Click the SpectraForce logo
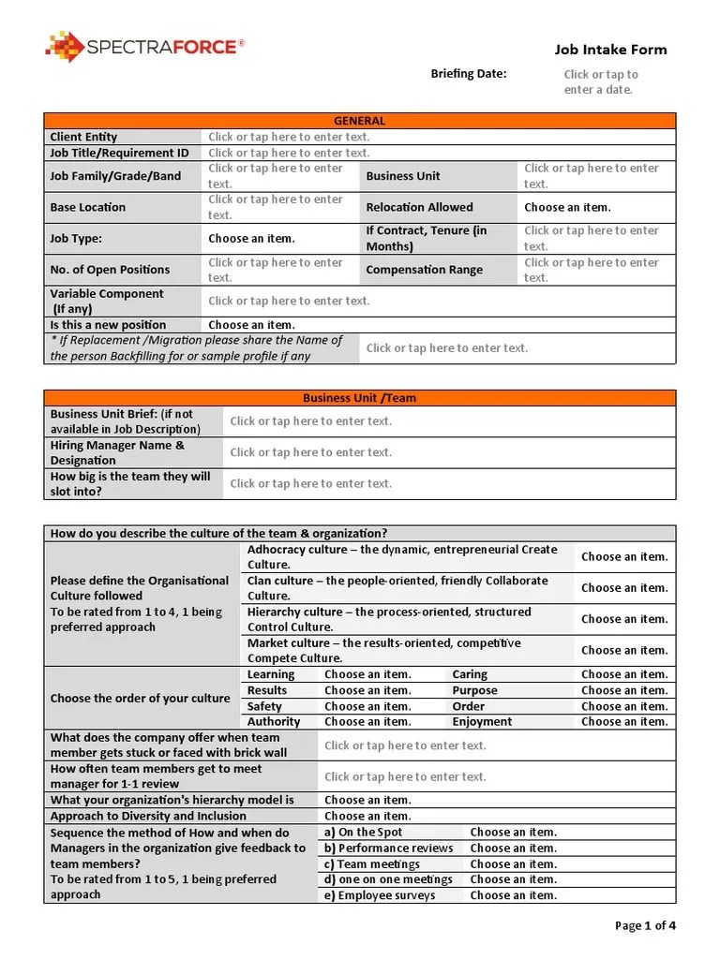click(x=144, y=47)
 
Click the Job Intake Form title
click(x=610, y=50)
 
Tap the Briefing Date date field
click(x=600, y=82)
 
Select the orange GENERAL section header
click(x=359, y=121)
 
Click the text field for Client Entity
click(x=289, y=137)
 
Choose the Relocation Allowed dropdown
click(x=567, y=207)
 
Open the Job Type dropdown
click(x=251, y=239)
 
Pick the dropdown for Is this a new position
click(x=251, y=325)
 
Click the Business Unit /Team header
click(x=359, y=398)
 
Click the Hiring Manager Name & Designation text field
click(x=311, y=452)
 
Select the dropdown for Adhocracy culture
click(x=623, y=557)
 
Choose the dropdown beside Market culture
click(x=623, y=650)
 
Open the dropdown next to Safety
click(x=367, y=707)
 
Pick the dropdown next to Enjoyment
click(x=623, y=722)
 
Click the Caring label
click(x=470, y=674)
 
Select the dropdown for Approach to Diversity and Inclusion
click(x=367, y=817)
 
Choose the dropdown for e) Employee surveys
click(x=513, y=895)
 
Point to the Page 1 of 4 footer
click(x=645, y=926)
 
